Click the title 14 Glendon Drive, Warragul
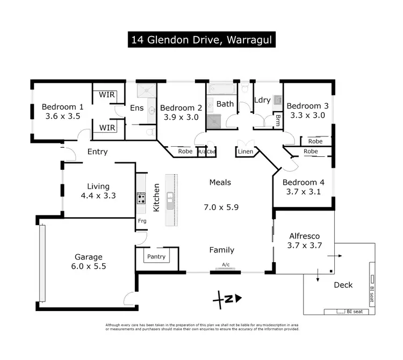pos(201,40)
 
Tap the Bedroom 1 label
pos(62,106)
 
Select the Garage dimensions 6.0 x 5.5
pos(89,266)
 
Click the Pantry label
pos(156,257)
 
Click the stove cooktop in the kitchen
pos(141,199)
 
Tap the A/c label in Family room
pos(226,264)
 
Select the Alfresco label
pos(305,236)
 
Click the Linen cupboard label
pos(244,153)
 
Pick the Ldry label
pos(262,100)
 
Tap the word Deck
pos(343,285)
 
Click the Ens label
pos(137,108)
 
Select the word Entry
pos(97,152)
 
